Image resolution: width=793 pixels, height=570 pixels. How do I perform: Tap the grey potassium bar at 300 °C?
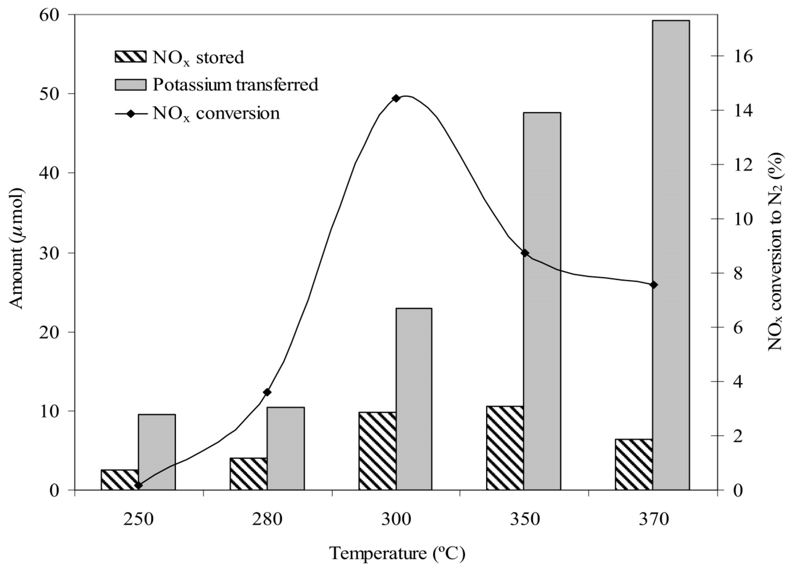coord(414,399)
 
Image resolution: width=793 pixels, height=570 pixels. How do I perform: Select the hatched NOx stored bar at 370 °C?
coord(633,464)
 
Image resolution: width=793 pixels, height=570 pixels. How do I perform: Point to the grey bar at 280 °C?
coord(285,448)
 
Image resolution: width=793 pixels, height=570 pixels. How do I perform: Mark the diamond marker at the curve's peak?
coord(396,98)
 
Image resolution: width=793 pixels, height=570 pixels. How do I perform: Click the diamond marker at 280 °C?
coord(267,392)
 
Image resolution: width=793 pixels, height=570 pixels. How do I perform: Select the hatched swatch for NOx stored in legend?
coord(130,57)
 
